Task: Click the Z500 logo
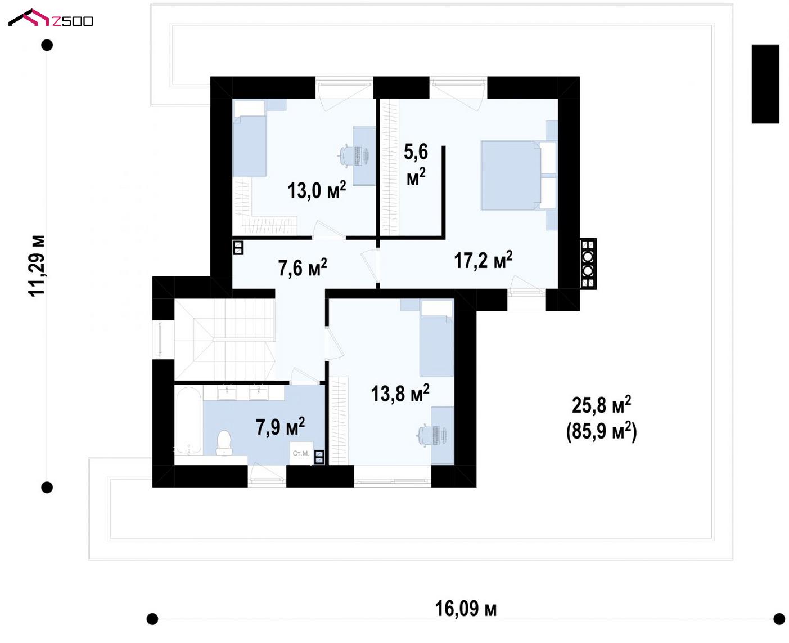51,18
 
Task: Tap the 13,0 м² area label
317,190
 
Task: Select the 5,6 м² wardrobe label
416,164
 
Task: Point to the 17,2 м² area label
484,260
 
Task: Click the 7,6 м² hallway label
303,267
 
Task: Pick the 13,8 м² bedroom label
400,393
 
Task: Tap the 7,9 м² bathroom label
281,426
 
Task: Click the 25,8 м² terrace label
601,405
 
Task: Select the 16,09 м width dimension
466,609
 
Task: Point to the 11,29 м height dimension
37,266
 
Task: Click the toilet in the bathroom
223,443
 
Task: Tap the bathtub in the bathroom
188,421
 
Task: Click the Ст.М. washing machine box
301,453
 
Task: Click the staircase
225,340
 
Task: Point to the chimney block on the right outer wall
588,264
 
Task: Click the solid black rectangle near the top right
765,84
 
